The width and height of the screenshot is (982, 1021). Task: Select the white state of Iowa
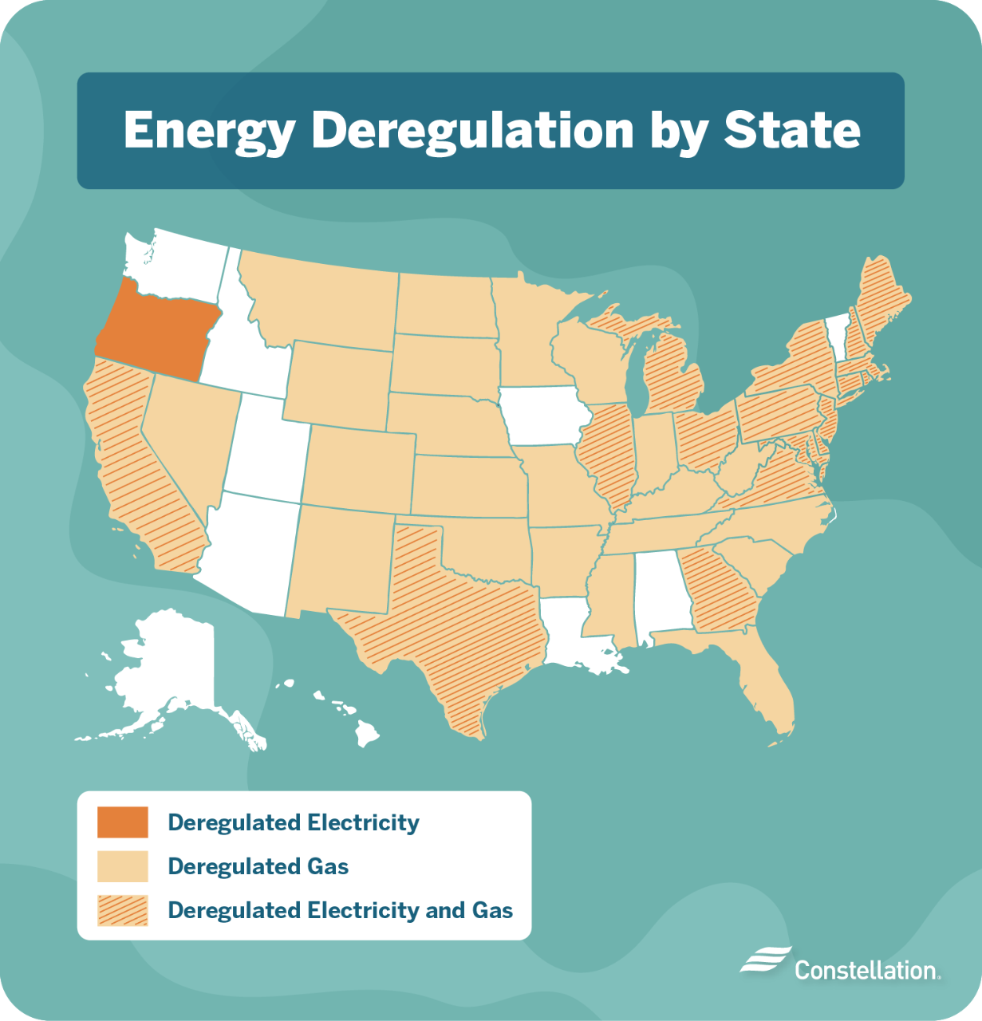pos(542,416)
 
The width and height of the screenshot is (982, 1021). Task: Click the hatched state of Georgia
pos(722,594)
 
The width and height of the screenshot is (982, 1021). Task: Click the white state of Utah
pos(263,447)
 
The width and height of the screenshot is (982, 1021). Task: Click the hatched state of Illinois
pos(606,455)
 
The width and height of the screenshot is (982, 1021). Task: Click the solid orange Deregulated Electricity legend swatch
pos(123,822)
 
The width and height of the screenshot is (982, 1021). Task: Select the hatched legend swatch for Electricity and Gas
pos(123,910)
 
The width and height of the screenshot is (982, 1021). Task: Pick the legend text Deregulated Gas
pos(258,866)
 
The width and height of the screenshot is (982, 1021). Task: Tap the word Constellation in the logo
pos(866,970)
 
